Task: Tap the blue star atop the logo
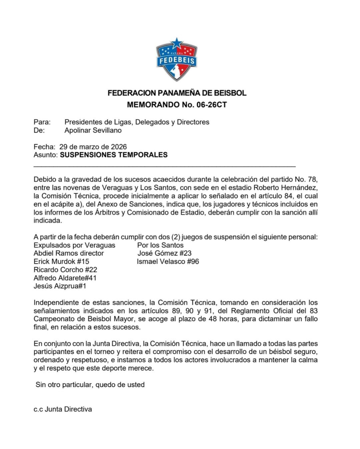pos(176,43)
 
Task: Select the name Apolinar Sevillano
pos(93,130)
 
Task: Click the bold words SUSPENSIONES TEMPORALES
pos(114,155)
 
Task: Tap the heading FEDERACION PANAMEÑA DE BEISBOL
pos(177,93)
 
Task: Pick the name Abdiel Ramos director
pos(69,253)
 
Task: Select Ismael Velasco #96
pos(168,262)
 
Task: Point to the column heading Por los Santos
pos(160,245)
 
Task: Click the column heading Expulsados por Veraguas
pos(74,245)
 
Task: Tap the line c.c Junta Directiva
pos(63,409)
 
